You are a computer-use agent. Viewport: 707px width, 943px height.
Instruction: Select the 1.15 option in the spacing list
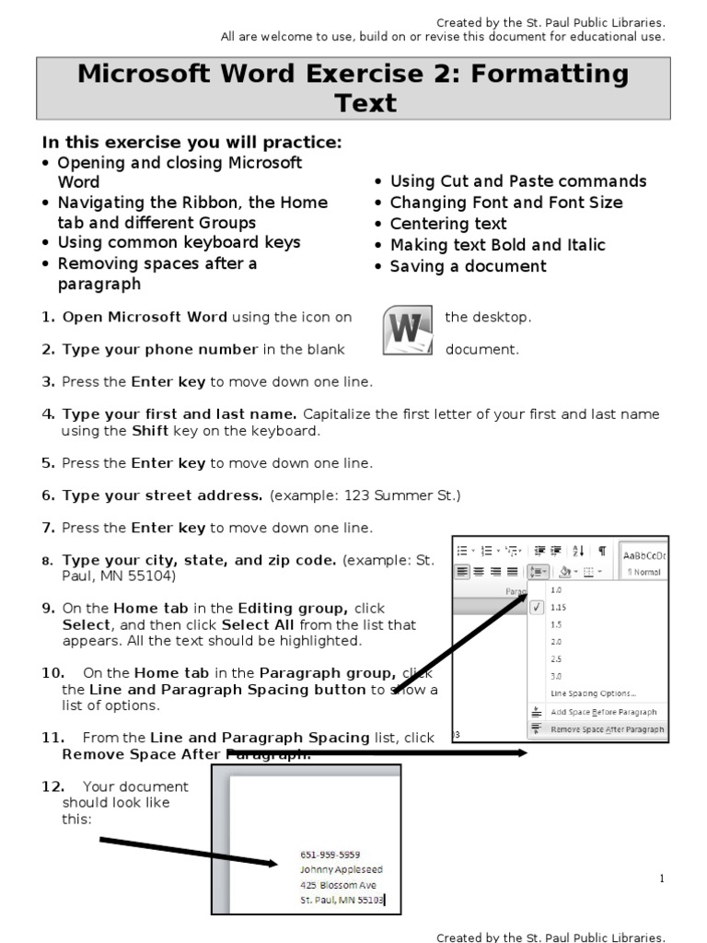click(x=559, y=608)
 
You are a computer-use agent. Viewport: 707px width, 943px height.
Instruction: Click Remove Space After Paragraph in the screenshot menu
click(x=607, y=729)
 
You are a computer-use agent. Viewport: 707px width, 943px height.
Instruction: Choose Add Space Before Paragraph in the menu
click(x=603, y=712)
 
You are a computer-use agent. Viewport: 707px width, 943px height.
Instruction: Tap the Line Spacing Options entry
click(x=593, y=693)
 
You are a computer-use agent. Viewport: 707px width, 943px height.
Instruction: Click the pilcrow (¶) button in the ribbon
click(x=602, y=551)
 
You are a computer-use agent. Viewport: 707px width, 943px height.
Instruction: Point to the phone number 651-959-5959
click(x=330, y=854)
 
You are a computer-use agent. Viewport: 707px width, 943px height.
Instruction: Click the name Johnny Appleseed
click(x=341, y=869)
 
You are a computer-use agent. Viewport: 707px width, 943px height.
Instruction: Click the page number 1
click(x=661, y=879)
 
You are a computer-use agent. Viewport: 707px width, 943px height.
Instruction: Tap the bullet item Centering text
click(x=447, y=224)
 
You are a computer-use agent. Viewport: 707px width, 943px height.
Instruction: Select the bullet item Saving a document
click(x=468, y=266)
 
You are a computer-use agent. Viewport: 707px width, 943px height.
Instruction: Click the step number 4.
click(x=47, y=414)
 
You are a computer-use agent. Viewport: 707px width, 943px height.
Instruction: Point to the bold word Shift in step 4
click(x=149, y=431)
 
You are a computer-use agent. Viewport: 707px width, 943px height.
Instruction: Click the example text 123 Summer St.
click(x=400, y=495)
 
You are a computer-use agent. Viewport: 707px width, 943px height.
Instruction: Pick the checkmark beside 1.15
click(x=538, y=608)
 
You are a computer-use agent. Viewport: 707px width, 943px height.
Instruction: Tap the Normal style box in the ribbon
click(x=644, y=572)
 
